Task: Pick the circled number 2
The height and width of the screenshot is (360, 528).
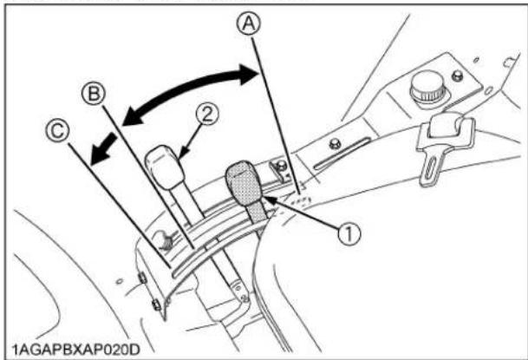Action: [208, 112]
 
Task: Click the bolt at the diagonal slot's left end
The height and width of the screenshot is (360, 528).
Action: [334, 144]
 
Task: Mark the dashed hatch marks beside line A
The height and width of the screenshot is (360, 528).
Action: [298, 196]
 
